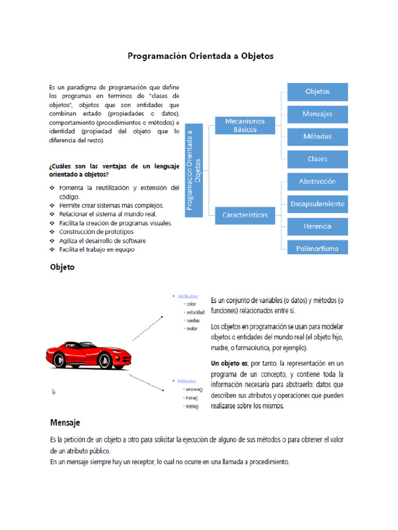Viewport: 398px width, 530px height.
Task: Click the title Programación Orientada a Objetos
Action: [201, 56]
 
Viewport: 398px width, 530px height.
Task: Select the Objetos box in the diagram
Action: [317, 92]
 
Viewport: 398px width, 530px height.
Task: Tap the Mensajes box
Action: [317, 114]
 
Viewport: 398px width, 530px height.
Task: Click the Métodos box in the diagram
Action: [317, 137]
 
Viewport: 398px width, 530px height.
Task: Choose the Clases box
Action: [317, 159]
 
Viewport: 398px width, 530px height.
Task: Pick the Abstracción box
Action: [317, 182]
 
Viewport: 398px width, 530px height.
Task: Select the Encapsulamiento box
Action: [317, 204]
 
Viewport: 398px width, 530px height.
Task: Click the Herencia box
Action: [317, 226]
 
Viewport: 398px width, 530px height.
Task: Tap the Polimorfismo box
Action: [317, 248]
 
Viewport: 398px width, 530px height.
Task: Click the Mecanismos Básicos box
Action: [245, 125]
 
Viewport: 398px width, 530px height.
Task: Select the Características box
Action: [245, 215]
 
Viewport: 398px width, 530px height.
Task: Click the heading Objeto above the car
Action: [62, 268]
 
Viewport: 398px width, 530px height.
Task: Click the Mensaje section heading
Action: [65, 423]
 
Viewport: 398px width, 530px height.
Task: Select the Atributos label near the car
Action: [188, 297]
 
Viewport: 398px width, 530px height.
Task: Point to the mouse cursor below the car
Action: [54, 392]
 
